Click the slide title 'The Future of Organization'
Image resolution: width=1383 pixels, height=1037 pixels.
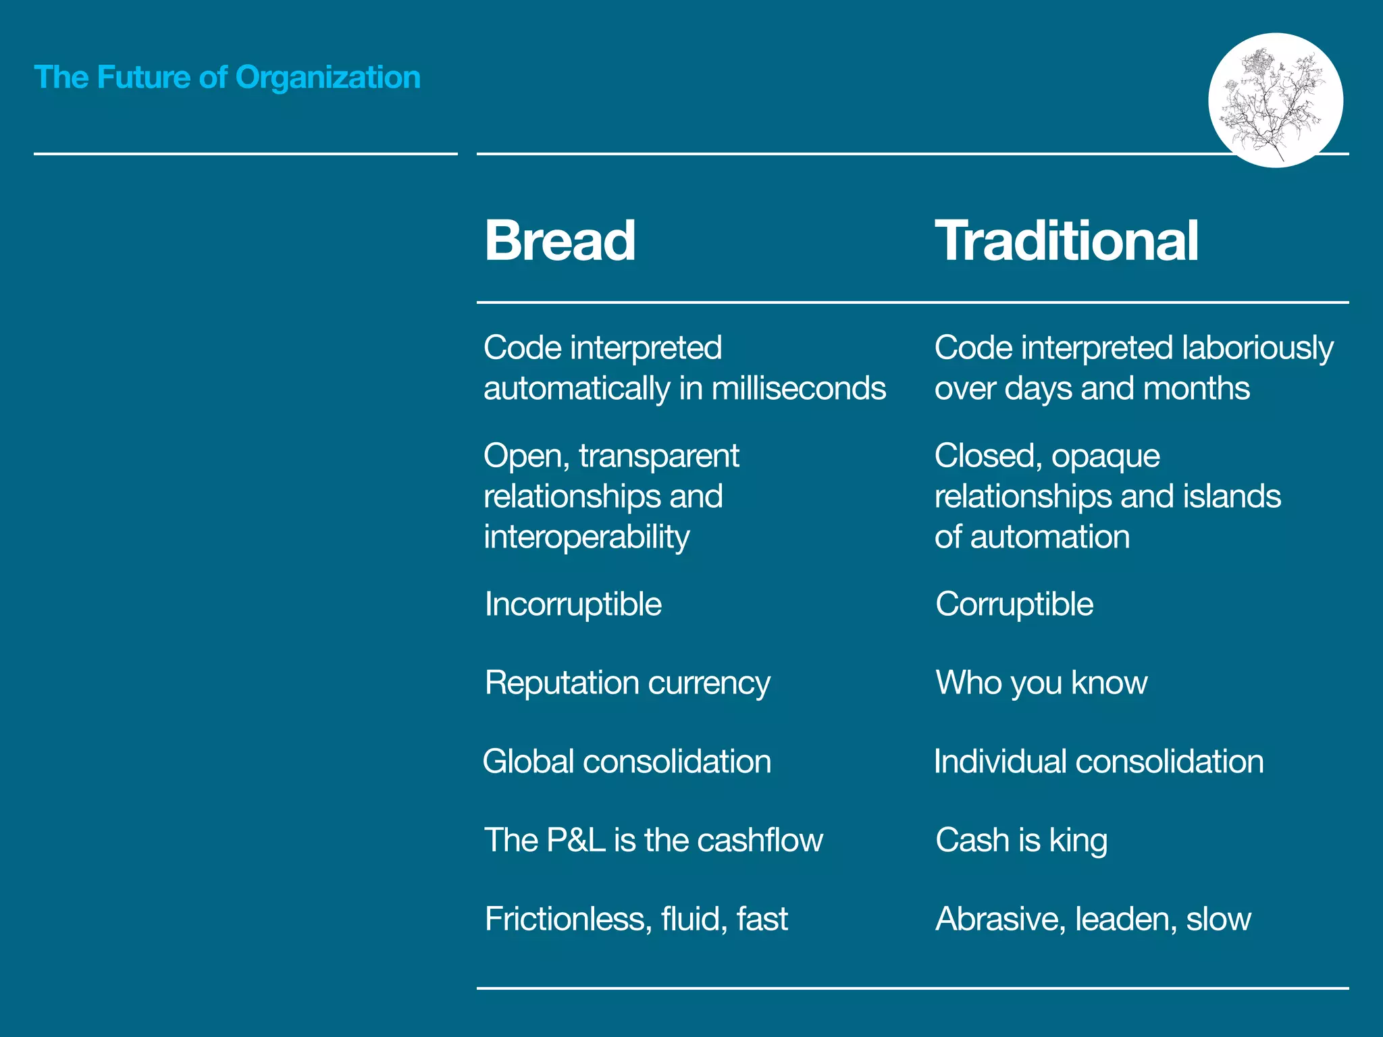(227, 78)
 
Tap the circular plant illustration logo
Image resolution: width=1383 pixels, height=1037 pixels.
(1275, 100)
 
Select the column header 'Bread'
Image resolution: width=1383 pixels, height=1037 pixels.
(560, 240)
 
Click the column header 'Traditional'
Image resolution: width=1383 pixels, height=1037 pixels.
(1066, 240)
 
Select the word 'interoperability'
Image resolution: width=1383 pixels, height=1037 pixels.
(586, 537)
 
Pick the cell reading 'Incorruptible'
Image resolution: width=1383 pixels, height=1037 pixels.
(573, 604)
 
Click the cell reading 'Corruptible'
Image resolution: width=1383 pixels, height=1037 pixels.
(1014, 604)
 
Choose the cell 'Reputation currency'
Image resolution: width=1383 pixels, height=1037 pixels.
(627, 683)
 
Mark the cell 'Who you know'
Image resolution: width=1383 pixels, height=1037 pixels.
(1041, 683)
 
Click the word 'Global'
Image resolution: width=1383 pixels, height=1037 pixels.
(527, 762)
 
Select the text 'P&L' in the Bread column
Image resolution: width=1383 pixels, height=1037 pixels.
(575, 841)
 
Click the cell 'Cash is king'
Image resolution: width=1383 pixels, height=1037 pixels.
(1021, 841)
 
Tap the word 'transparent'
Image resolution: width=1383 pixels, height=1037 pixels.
(658, 456)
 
